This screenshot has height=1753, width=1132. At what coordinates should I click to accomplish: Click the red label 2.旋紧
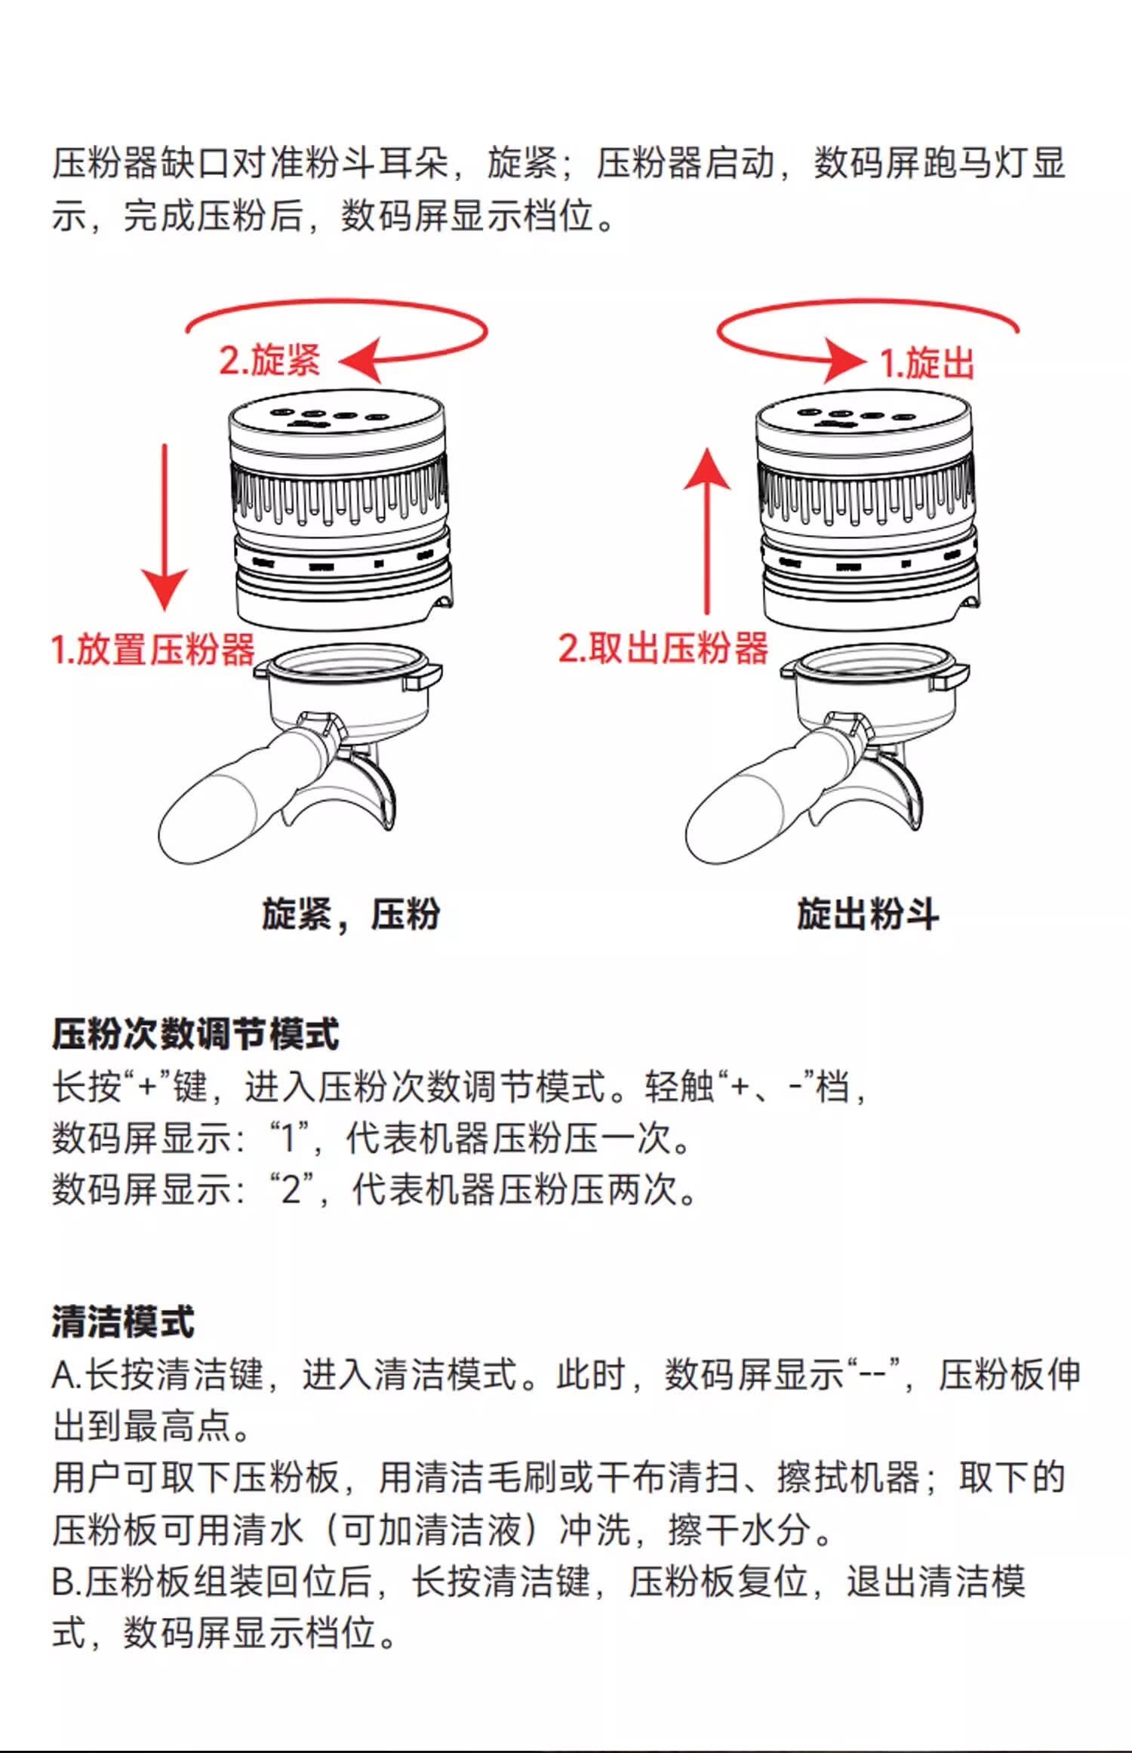tap(270, 360)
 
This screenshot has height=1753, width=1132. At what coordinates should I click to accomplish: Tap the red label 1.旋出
tap(927, 363)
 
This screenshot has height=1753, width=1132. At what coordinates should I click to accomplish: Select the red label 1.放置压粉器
tap(153, 649)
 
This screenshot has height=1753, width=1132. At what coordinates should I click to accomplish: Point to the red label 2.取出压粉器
tap(663, 647)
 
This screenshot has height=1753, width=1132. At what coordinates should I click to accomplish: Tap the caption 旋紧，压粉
tap(351, 914)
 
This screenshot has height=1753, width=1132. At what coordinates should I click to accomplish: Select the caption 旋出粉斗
tap(869, 914)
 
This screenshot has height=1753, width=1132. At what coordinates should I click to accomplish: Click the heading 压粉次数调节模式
tap(195, 1033)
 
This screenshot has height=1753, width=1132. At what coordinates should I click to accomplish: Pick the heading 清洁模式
tap(123, 1321)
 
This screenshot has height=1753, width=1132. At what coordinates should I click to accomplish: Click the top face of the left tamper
tap(337, 417)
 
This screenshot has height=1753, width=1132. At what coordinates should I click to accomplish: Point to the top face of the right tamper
tap(863, 417)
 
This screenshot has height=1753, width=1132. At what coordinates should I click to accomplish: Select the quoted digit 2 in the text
tap(291, 1190)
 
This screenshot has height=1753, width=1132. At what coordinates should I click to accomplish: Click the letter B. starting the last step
tap(66, 1582)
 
